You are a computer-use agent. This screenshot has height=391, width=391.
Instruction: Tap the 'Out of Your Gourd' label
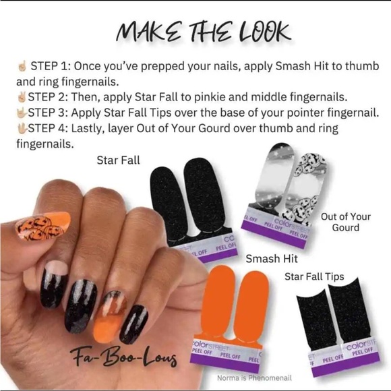[x=346, y=222]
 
